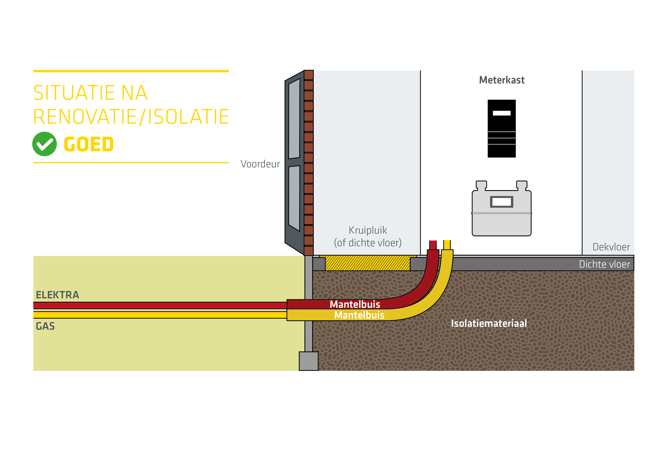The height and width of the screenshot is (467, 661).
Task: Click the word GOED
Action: [x=89, y=144]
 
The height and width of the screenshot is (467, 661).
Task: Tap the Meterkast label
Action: [x=502, y=80]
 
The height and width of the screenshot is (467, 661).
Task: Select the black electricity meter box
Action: [x=502, y=129]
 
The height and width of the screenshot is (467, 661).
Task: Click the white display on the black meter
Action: [x=502, y=113]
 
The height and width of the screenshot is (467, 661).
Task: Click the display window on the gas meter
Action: [x=502, y=202]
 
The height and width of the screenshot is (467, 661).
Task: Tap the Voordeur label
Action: [x=260, y=164]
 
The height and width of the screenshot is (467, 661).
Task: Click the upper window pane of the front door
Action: [x=294, y=118]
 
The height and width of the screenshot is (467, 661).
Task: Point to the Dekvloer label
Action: [x=611, y=247]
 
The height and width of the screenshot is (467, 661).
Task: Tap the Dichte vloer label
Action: [x=604, y=264]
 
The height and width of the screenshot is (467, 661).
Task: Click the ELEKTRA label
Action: [x=57, y=295]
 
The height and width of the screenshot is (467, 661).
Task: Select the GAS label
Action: [x=45, y=326]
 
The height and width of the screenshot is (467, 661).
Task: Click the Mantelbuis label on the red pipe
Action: [x=355, y=304]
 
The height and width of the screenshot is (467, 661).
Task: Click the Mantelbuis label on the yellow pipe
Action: [x=359, y=315]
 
